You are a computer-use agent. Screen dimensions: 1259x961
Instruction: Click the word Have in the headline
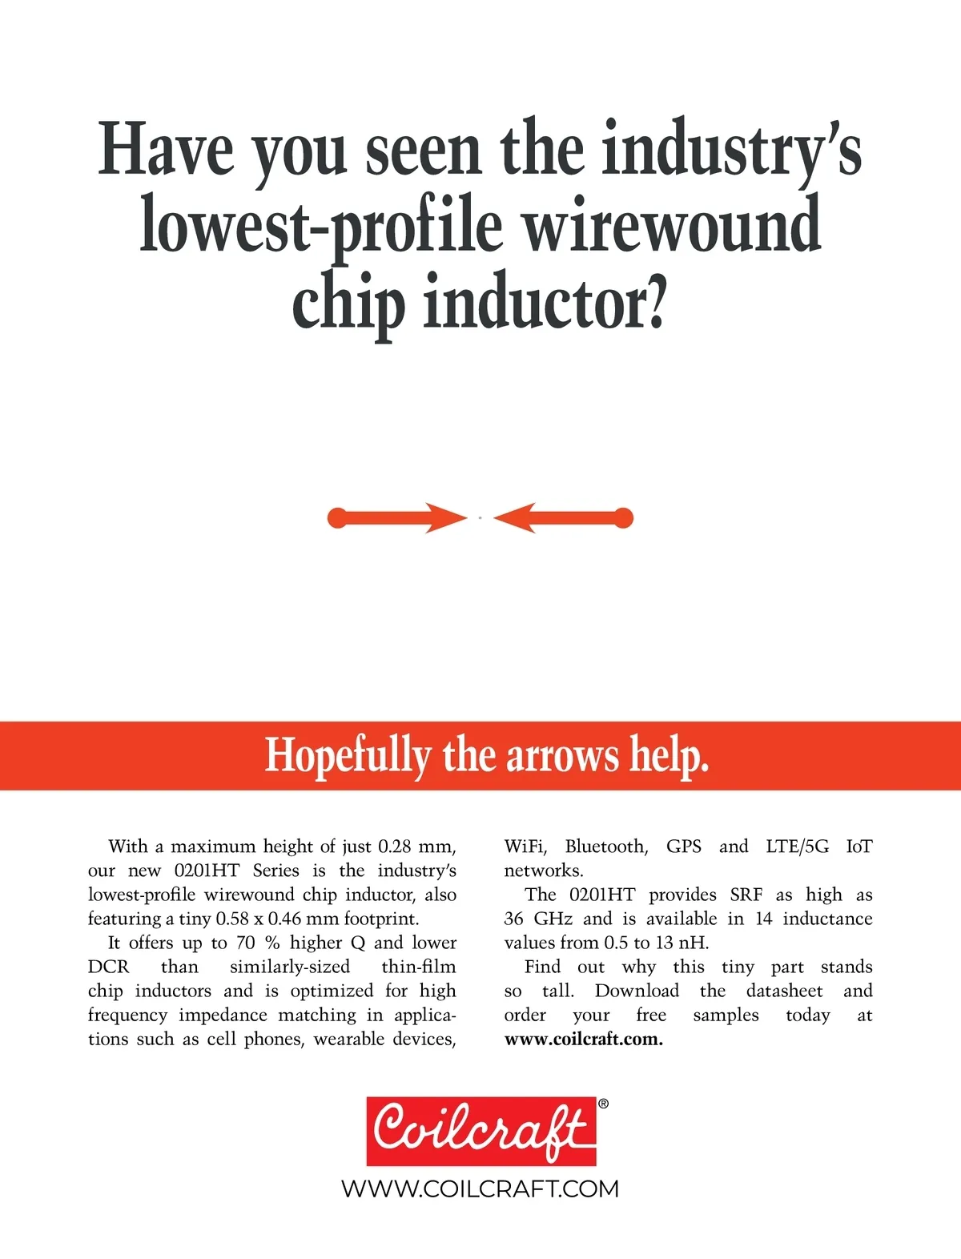166,149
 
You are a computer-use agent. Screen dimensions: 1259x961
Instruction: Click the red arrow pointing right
396,518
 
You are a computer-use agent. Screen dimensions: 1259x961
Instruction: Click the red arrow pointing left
564,518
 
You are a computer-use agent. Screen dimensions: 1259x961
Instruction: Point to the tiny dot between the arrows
480,518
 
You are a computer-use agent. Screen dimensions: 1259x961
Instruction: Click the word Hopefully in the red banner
348,755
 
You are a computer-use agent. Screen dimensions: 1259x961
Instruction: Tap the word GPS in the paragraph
683,847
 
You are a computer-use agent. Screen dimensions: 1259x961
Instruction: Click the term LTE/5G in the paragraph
797,847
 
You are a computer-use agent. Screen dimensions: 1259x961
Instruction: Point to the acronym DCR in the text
108,967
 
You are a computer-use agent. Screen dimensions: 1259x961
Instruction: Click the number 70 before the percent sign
245,943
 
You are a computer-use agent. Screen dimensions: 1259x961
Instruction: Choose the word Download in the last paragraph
636,991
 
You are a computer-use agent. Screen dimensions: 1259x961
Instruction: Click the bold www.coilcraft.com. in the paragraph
583,1040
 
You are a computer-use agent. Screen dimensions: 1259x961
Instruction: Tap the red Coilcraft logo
481,1130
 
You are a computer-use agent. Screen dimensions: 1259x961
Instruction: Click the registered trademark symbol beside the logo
603,1104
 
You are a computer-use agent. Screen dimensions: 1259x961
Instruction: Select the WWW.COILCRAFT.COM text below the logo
480,1189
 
